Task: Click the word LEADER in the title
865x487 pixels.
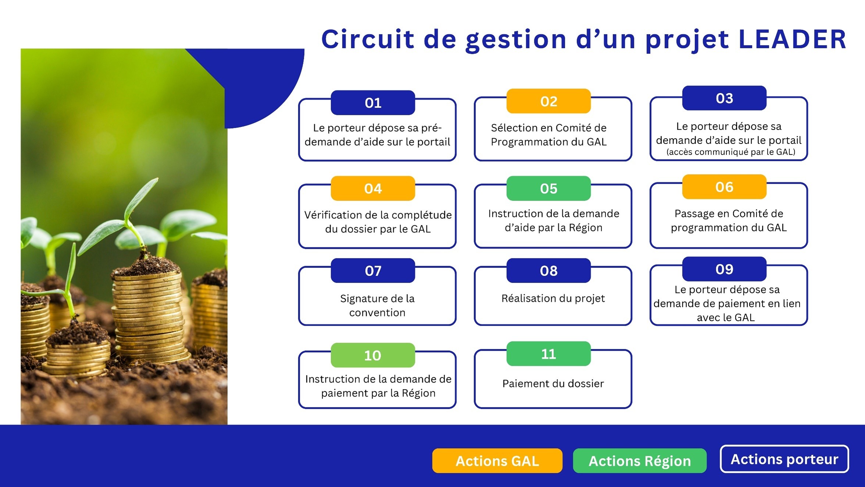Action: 793,39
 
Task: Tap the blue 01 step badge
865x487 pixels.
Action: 373,103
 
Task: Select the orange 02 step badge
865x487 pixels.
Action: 548,101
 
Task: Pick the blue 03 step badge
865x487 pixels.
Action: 724,98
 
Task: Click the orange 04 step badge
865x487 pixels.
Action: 373,188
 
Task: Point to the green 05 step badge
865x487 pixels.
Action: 548,188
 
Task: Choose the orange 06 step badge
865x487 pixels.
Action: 724,187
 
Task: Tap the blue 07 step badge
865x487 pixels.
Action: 373,271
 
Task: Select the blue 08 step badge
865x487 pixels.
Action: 548,271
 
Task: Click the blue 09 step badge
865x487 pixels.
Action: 724,269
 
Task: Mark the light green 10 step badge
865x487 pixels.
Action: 373,355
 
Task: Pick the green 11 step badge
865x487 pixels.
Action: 548,354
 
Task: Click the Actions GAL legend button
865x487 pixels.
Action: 497,461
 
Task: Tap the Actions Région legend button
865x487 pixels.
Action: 640,461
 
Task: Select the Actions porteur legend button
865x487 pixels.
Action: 784,459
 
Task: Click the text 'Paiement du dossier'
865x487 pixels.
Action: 553,384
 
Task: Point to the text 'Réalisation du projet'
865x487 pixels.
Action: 553,298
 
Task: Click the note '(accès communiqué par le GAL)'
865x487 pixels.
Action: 731,152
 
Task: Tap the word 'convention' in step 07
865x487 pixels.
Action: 377,313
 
